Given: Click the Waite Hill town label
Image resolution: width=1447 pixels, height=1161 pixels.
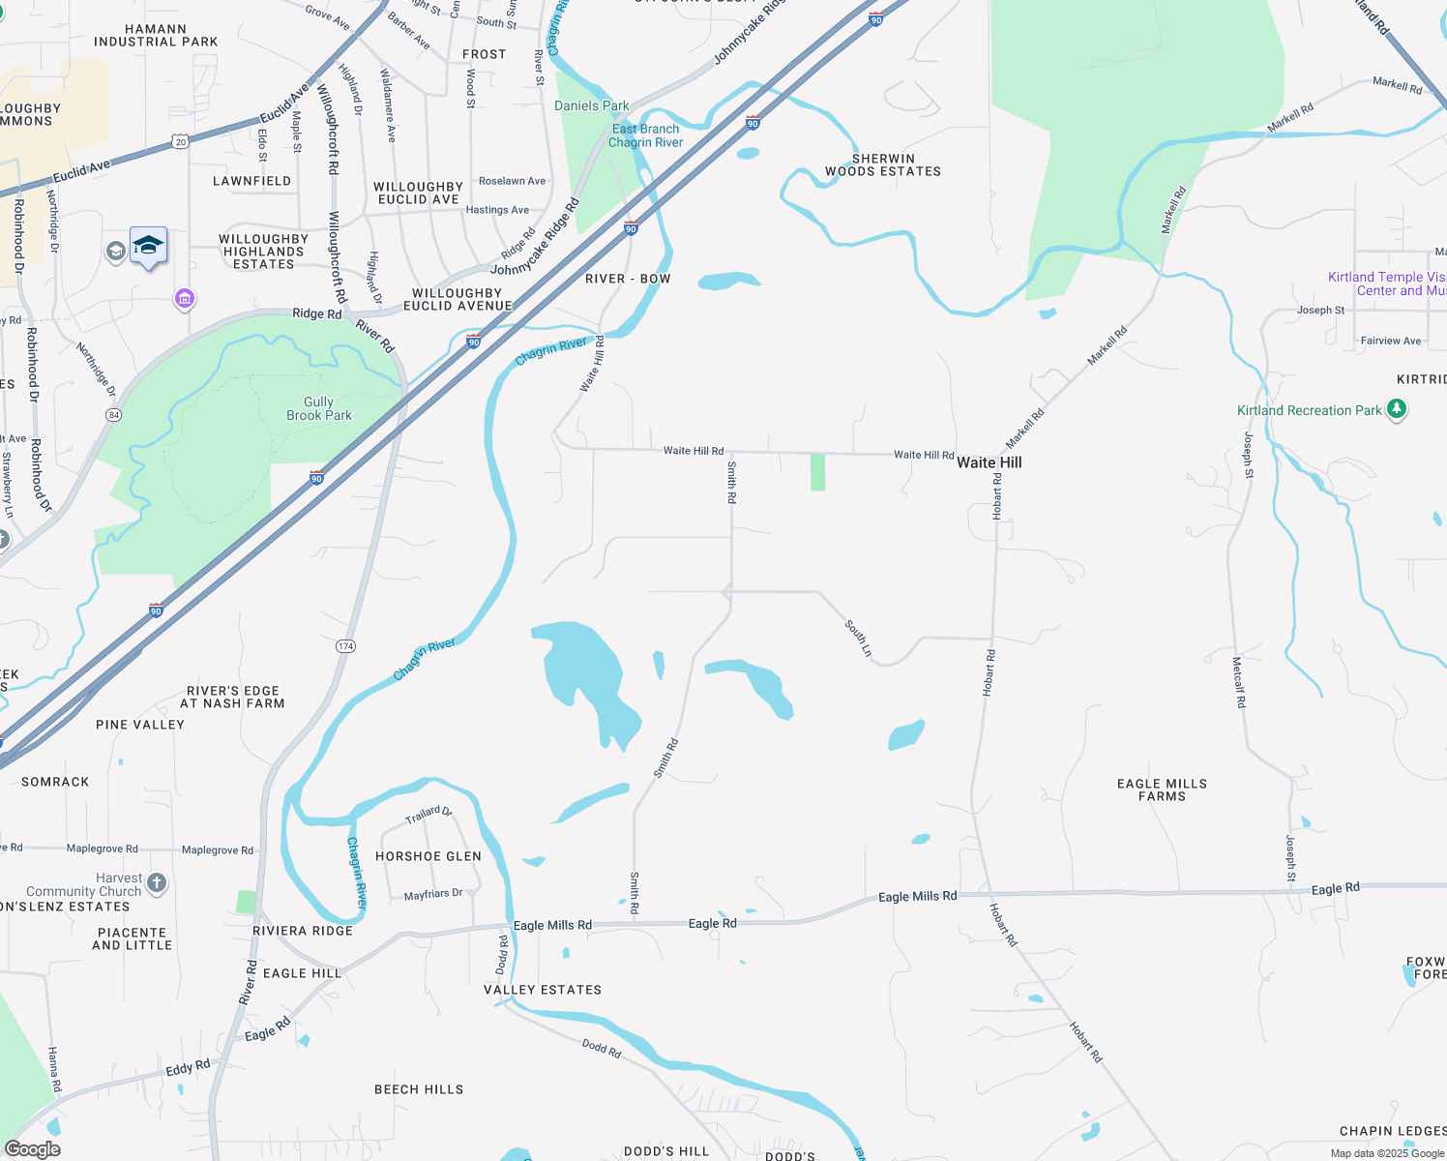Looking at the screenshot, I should coord(989,462).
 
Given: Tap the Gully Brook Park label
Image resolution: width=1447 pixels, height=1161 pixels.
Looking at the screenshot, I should coord(319,408).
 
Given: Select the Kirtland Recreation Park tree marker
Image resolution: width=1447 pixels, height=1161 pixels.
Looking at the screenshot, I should coord(1396,409).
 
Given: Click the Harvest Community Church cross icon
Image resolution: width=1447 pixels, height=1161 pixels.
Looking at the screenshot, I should coord(157,882).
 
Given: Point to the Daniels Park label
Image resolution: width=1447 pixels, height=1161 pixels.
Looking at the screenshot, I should coord(591,105).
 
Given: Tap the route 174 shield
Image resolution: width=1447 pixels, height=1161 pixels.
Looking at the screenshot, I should coord(346,645).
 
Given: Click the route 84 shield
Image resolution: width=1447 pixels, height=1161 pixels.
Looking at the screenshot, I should coord(114,415).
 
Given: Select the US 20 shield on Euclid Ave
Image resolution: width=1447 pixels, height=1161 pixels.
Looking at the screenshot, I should coord(181,141).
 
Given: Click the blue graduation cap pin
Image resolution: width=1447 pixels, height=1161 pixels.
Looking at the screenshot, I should coord(148,246).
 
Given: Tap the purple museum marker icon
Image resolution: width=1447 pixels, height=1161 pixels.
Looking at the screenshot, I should coord(185,299).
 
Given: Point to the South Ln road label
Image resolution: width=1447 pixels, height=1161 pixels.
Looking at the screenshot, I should coord(858,639).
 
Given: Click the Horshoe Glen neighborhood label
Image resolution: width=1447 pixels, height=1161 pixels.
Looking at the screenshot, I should coord(428,856).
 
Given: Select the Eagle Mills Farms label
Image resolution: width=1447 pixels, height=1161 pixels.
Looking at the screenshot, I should coord(1162,789).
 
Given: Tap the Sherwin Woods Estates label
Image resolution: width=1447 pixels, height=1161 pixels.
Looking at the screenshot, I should coord(882,164).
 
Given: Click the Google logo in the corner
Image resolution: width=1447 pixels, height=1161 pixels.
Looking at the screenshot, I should coord(33,1149).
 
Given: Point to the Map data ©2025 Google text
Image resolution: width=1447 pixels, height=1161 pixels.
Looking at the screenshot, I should coord(1386,1153).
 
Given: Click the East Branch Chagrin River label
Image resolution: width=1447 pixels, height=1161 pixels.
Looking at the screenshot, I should coord(645,135).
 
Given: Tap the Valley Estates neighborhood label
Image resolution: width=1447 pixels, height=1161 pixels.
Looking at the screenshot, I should coord(542,990).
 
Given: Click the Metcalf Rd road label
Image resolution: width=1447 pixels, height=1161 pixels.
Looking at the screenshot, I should coord(1238,682).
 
